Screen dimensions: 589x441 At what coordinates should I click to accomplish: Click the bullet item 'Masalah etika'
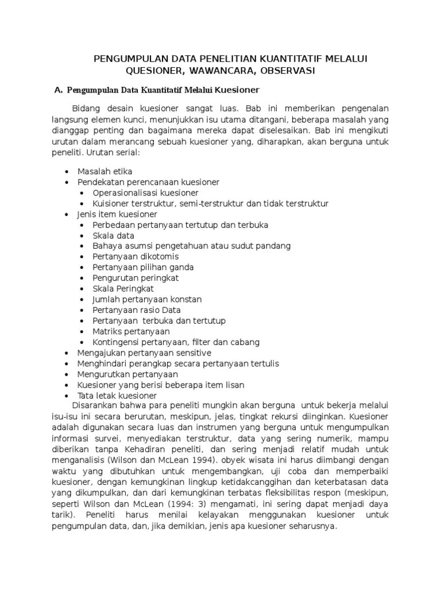pyautogui.click(x=105, y=171)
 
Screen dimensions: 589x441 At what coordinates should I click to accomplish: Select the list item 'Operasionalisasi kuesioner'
pyautogui.click(x=145, y=192)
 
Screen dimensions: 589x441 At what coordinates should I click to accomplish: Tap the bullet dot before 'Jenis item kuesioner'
pyautogui.click(x=68, y=213)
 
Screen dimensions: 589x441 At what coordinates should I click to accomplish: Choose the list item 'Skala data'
pyautogui.click(x=113, y=235)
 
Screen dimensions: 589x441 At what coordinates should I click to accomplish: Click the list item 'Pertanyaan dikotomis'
pyautogui.click(x=136, y=257)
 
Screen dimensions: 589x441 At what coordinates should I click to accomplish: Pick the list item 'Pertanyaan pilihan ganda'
pyautogui.click(x=143, y=267)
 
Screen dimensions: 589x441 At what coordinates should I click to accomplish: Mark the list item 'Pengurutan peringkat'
pyautogui.click(x=136, y=278)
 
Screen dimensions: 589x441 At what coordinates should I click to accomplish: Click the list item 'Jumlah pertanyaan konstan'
pyautogui.click(x=147, y=299)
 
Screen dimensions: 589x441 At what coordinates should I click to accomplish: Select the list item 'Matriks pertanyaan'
pyautogui.click(x=131, y=331)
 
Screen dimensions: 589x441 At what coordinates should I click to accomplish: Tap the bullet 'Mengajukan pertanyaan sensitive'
pyautogui.click(x=144, y=353)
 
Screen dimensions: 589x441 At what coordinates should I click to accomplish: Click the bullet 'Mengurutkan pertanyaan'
pyautogui.click(x=127, y=374)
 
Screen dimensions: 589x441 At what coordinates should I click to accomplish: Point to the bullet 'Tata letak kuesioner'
pyautogui.click(x=117, y=396)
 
